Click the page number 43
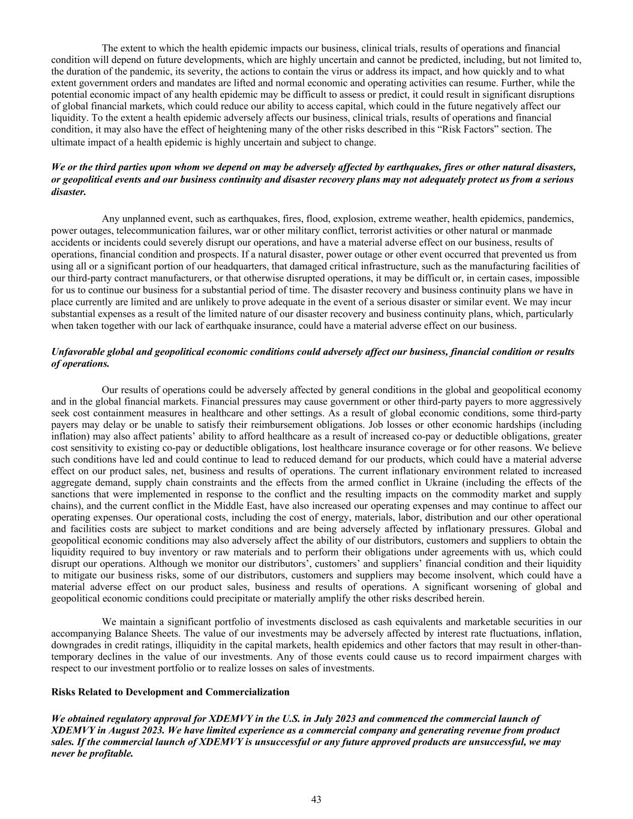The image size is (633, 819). coord(316,799)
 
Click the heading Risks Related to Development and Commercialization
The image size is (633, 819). coord(170,692)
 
